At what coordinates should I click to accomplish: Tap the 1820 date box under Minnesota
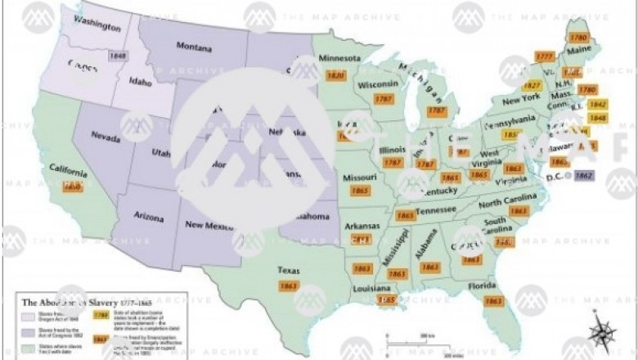click(x=335, y=76)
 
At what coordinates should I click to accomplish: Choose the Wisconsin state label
click(x=377, y=84)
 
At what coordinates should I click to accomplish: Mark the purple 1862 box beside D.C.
click(x=584, y=174)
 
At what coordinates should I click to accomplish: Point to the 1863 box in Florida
click(x=492, y=302)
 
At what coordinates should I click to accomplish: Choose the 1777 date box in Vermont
click(x=544, y=56)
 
